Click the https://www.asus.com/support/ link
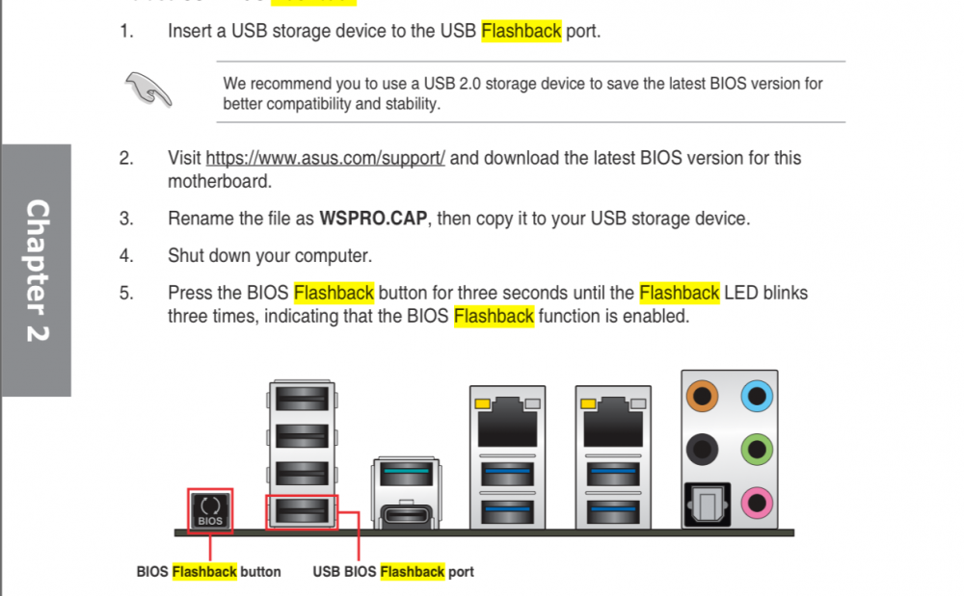325,158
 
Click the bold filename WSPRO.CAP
373,219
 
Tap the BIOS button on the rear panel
210,511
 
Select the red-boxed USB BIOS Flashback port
302,511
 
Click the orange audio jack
702,396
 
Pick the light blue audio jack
757,396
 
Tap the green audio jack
757,450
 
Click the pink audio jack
757,503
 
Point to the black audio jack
702,450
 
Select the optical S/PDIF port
708,505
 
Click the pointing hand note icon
148,90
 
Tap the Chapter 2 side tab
37,270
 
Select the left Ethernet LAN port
507,424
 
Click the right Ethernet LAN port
613,424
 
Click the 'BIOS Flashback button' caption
208,572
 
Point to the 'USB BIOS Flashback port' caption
393,572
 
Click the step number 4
126,256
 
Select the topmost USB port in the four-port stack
302,400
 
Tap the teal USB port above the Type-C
407,475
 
